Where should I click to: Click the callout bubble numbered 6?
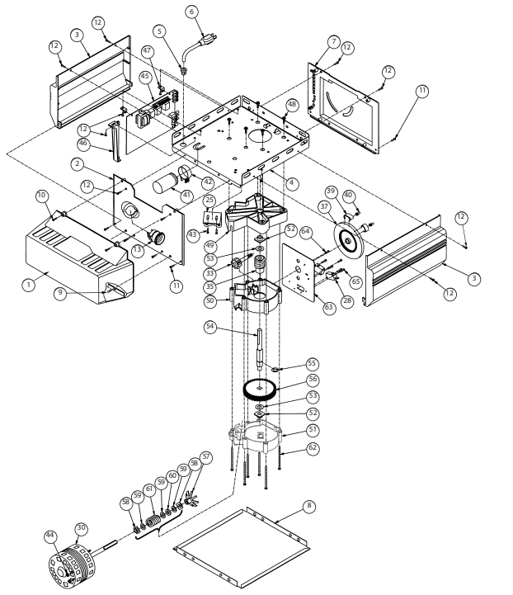point(191,12)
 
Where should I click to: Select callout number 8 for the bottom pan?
point(309,505)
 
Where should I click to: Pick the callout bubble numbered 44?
point(50,536)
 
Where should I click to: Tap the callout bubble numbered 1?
point(28,285)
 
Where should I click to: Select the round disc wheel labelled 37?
point(348,240)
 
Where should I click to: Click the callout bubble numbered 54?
point(210,326)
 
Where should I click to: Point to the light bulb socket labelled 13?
point(157,237)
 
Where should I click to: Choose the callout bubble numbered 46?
point(83,144)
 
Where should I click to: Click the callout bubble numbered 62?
point(312,448)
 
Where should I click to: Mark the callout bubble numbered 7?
point(334,41)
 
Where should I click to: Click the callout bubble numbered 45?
point(145,76)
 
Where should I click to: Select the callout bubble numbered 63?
point(329,307)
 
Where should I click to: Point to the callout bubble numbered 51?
point(313,430)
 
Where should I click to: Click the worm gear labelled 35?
point(260,263)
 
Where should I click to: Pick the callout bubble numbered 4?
point(292,183)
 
